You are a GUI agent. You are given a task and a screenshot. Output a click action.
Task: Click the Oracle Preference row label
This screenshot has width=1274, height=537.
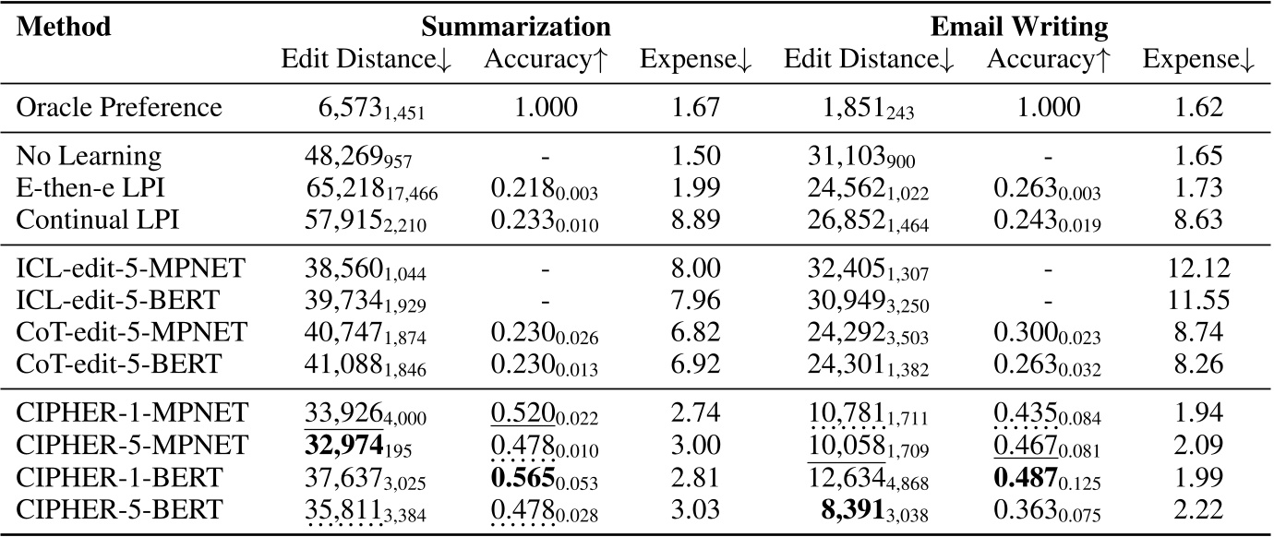[x=120, y=108]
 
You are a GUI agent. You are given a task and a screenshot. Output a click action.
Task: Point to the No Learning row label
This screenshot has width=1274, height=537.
[x=90, y=156]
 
